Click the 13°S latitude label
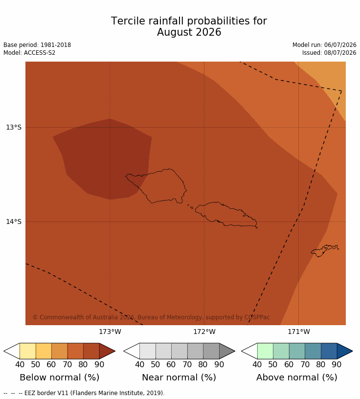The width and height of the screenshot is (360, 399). coord(14,127)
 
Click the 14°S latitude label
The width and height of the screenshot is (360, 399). coord(14,222)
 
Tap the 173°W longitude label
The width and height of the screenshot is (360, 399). coord(110,332)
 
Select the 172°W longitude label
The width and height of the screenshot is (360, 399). coord(204,332)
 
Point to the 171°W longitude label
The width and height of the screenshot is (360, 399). coord(299,332)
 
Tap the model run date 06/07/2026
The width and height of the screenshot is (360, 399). coord(340,45)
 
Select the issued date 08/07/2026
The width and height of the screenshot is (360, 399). coord(340,53)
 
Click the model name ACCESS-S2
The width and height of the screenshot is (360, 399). coord(40,53)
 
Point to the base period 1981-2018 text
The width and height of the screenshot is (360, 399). coord(55,45)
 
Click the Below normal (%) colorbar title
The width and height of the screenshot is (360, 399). coord(59,377)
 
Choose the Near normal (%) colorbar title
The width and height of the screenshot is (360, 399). coord(179,377)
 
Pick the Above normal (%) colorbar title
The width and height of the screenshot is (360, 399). coord(296,377)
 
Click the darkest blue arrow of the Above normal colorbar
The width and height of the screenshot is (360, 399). coord(344,351)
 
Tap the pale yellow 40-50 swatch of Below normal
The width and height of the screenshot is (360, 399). coord(28,351)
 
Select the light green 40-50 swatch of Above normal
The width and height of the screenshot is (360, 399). coord(265,351)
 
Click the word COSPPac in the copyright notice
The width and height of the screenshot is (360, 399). coord(257,317)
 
